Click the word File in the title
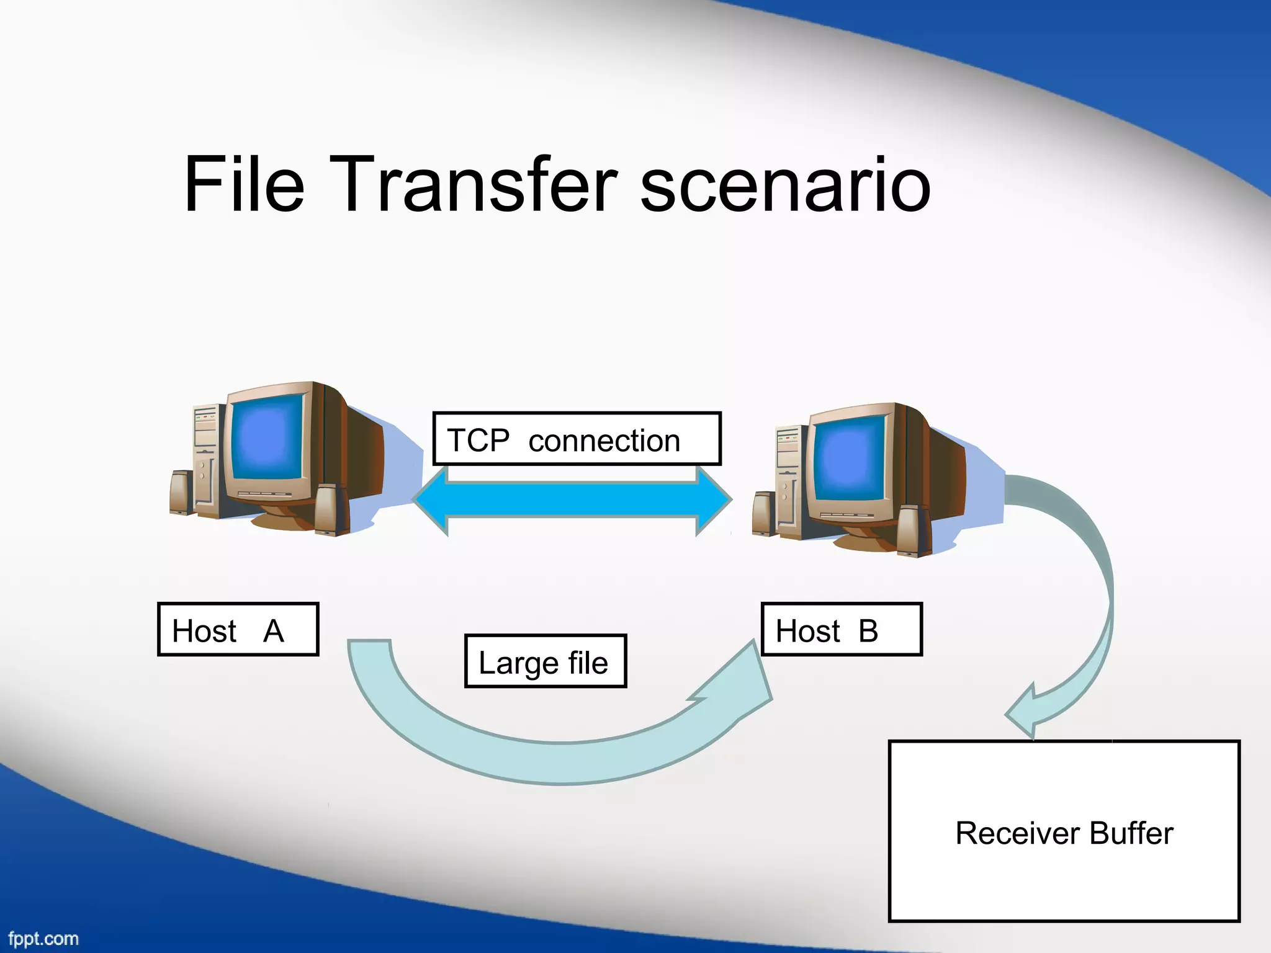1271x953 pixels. click(244, 184)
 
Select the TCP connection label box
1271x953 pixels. click(577, 439)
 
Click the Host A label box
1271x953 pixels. click(238, 629)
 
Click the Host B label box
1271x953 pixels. click(842, 629)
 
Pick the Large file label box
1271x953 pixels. click(546, 661)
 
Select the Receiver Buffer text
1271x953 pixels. click(1064, 833)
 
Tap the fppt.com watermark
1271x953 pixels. click(43, 939)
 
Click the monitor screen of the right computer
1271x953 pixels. click(849, 458)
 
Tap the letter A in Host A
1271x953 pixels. click(273, 631)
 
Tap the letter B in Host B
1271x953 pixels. click(868, 631)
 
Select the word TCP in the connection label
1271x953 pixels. click(478, 441)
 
